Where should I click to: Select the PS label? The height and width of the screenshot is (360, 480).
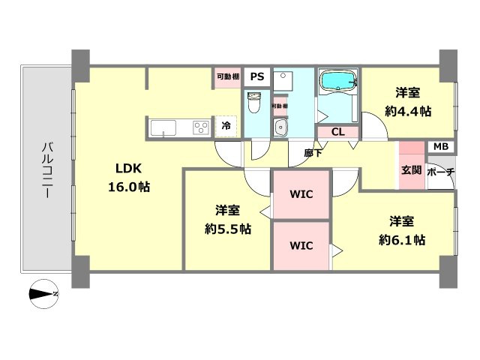(x=257, y=76)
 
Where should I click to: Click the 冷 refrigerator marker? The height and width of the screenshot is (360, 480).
(x=226, y=127)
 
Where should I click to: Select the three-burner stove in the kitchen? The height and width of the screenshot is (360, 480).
(x=201, y=127)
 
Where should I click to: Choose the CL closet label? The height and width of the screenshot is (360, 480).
(x=337, y=132)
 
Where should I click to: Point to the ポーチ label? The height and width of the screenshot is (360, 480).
(x=440, y=172)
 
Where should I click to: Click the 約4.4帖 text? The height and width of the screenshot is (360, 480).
(x=409, y=111)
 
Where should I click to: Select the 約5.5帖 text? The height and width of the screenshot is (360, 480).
(x=228, y=229)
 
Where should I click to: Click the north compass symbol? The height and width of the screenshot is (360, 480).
(x=43, y=294)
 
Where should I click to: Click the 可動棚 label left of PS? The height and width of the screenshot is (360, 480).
(x=227, y=76)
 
